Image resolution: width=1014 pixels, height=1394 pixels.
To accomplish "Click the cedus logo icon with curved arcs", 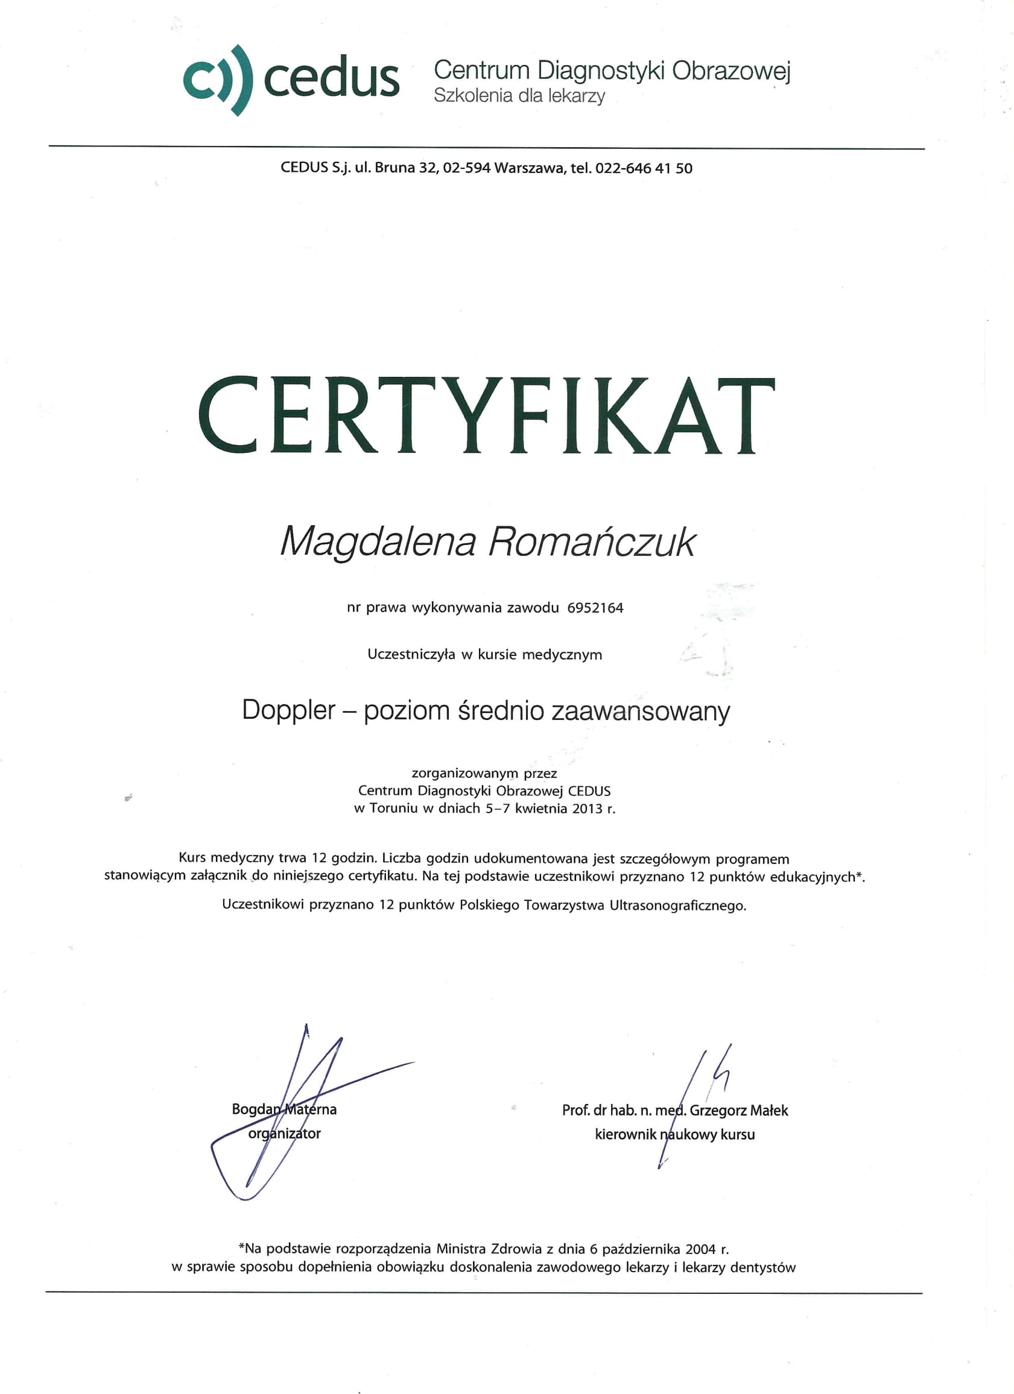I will [218, 80].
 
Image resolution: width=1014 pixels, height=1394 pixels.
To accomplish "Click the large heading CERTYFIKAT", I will [486, 416].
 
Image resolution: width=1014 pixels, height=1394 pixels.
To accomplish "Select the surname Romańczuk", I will [592, 542].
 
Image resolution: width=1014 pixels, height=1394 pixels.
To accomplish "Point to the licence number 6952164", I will [595, 608].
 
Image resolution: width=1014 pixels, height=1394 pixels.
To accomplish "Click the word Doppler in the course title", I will [288, 710].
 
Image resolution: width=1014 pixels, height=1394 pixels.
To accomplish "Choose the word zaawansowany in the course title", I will [641, 711].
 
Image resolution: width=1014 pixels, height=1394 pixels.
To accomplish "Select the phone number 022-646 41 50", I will [644, 168].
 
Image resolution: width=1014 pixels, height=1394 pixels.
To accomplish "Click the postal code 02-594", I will [466, 168].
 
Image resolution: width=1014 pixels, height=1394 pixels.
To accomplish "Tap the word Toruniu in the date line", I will [393, 809].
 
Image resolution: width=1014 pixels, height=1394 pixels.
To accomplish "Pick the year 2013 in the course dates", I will [587, 809].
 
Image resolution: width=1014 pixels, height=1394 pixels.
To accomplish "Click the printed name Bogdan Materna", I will [284, 1109].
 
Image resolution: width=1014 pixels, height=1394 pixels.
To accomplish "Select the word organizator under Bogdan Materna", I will [284, 1134].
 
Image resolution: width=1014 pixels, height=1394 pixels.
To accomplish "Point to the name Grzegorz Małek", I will [738, 1110].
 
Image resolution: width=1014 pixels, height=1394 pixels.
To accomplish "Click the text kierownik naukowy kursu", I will [674, 1134].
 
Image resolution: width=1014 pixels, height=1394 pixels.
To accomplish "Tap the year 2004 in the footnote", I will [700, 1248].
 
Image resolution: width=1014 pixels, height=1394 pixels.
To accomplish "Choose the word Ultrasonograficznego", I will [677, 906].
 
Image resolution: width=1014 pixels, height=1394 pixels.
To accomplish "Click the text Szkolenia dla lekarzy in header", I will [519, 96].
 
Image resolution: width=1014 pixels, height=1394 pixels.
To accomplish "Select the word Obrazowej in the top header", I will [730, 71].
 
